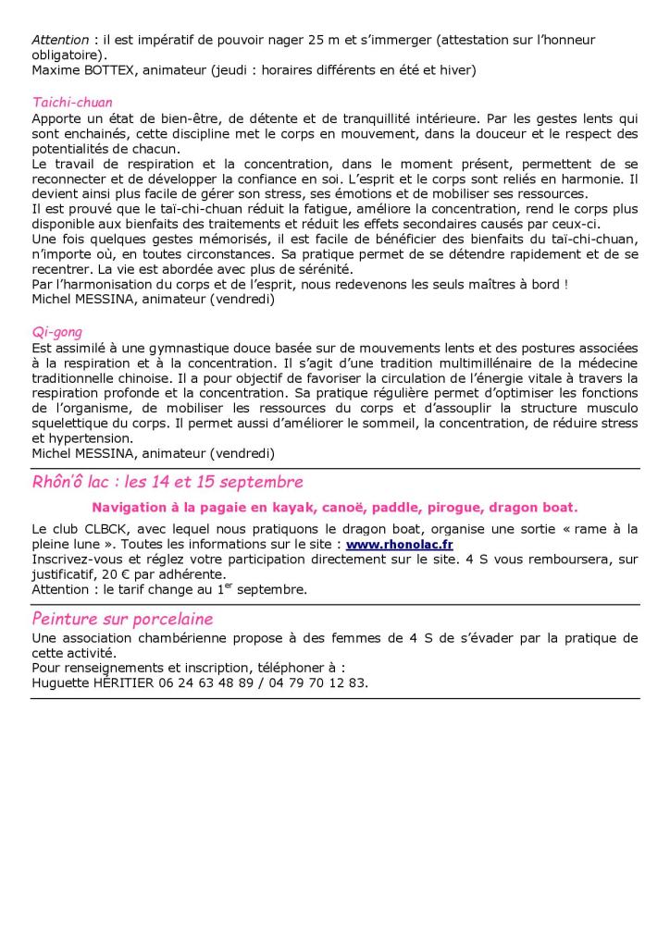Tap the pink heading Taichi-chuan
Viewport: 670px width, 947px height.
point(72,103)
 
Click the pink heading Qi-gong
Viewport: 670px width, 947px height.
point(57,332)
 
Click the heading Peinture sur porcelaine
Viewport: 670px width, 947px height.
point(122,619)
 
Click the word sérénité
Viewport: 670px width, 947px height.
point(296,269)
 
